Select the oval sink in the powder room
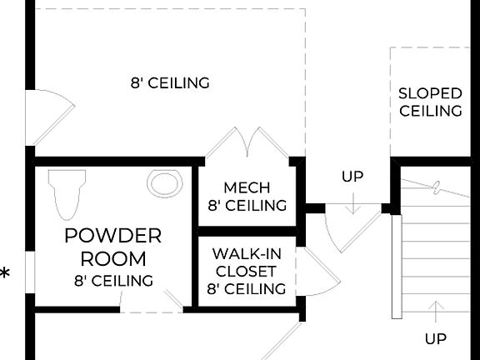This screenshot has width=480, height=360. tap(164, 182)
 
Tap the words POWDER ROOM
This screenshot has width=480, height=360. tap(113, 247)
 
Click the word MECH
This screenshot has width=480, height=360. tap(247, 187)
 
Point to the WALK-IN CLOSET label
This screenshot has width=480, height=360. tap(246, 262)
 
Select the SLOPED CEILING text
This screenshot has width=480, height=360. tap(430, 102)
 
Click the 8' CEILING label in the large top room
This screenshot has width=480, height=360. tap(169, 83)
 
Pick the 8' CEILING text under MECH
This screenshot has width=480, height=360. tap(247, 205)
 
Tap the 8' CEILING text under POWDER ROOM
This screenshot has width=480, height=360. tap(113, 281)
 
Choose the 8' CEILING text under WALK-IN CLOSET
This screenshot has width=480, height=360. tap(246, 289)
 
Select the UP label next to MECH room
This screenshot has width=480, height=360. tap(352, 177)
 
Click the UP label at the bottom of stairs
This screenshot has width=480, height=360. tap(435, 338)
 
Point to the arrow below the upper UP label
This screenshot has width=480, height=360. tap(352, 202)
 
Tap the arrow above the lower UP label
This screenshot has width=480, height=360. tap(435, 312)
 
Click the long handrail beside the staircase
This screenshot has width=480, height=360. tap(396, 267)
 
